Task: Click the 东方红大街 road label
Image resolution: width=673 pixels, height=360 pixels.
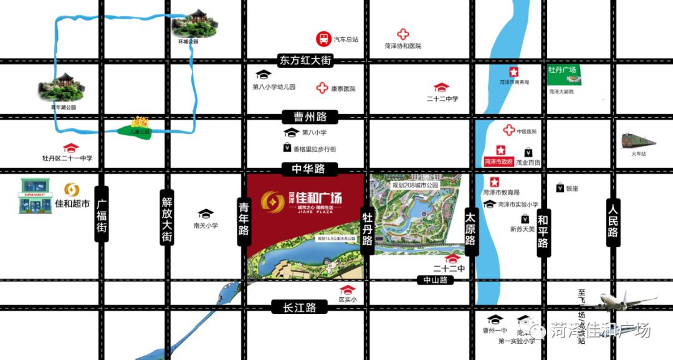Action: (304, 60)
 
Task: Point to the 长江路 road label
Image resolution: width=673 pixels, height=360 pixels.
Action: (300, 307)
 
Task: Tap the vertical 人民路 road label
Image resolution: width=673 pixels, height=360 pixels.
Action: (613, 219)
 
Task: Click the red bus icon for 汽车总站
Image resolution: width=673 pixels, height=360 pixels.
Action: (323, 39)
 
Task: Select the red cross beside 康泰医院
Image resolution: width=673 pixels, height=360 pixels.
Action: (322, 88)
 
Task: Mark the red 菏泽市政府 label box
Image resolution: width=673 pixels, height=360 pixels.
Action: (498, 161)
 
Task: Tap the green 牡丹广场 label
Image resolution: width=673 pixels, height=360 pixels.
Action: (561, 70)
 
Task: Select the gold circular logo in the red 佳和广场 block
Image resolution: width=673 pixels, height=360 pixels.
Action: (272, 201)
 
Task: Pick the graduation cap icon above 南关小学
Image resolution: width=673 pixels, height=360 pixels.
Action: (205, 214)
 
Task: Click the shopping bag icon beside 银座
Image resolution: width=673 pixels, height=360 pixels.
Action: (560, 188)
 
